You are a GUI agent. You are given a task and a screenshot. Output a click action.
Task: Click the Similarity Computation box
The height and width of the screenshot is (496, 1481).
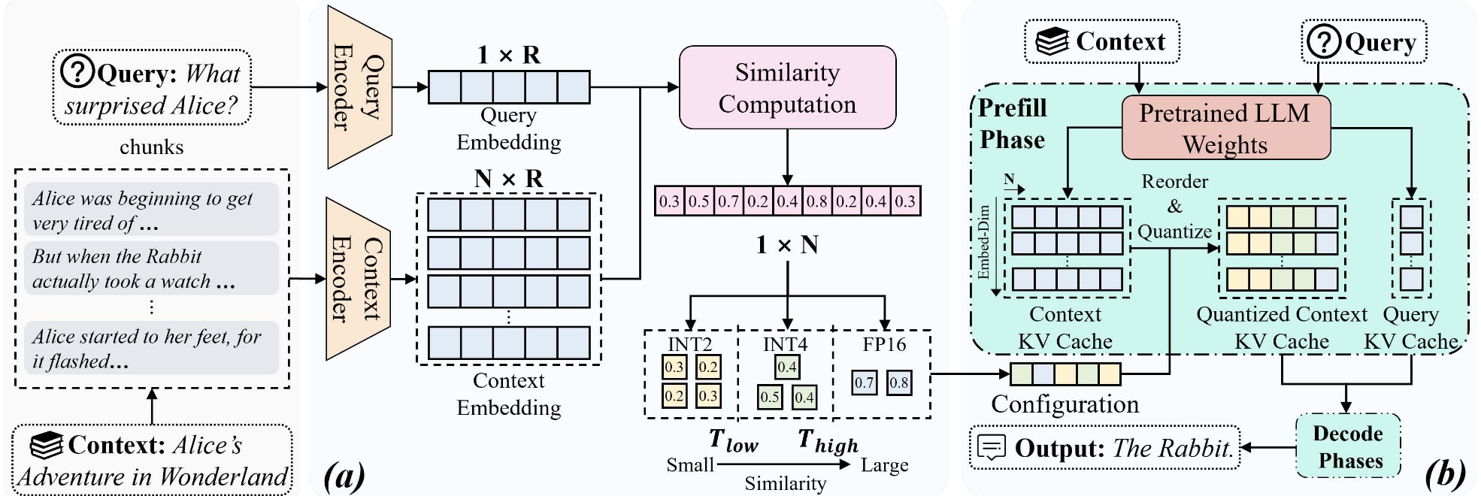787,88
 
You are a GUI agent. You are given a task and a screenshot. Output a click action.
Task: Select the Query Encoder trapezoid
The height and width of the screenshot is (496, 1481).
359,87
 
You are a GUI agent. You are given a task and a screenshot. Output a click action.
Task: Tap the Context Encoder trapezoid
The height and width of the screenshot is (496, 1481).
358,279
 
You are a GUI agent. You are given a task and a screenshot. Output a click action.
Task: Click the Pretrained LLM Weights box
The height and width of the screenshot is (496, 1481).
1225,128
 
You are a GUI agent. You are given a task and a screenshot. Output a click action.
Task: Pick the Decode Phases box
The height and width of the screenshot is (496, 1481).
1348,446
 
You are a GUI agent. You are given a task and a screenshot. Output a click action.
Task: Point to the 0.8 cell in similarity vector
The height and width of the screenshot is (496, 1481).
816,201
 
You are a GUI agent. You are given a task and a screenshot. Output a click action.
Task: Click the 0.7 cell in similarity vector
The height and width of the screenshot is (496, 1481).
728,201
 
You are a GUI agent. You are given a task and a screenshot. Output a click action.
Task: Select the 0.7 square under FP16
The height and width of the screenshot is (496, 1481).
865,383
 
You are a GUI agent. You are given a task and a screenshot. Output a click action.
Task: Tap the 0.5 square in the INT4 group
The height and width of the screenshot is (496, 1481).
769,397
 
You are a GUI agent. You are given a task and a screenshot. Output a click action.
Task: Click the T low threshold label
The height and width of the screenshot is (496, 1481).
733,441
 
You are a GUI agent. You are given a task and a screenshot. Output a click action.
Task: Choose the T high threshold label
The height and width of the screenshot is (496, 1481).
827,441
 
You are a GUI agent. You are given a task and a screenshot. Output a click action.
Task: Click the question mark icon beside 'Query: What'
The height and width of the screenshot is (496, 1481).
77,72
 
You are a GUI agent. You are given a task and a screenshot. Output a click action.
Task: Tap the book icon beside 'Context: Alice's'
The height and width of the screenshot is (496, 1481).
46,445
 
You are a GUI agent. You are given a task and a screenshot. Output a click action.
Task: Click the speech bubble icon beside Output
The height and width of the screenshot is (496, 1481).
992,448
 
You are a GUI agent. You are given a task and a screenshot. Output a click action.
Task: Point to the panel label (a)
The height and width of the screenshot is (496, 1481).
344,475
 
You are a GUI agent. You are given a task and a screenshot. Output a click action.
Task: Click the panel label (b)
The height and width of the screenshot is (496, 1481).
1444,473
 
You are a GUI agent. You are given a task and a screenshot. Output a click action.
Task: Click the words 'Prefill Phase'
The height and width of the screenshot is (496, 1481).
1012,124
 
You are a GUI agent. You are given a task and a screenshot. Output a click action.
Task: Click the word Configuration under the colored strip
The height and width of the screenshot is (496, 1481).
1065,404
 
